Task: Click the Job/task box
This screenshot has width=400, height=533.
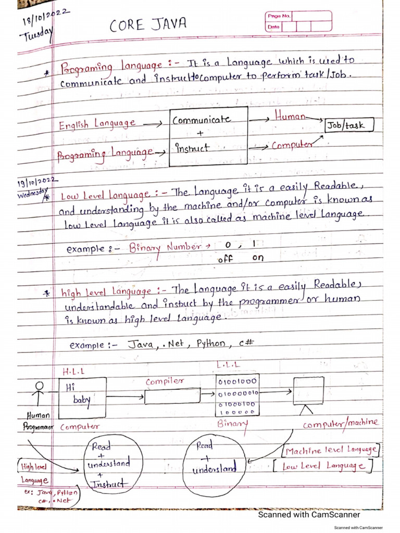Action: [349, 125]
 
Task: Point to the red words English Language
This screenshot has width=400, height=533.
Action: [97, 124]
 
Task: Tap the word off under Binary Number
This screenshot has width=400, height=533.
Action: [225, 258]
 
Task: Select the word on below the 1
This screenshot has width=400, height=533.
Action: [258, 258]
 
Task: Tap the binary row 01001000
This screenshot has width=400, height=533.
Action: [237, 382]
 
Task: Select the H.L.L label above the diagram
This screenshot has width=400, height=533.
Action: [73, 372]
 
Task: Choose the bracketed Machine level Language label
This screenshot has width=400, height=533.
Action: [331, 450]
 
